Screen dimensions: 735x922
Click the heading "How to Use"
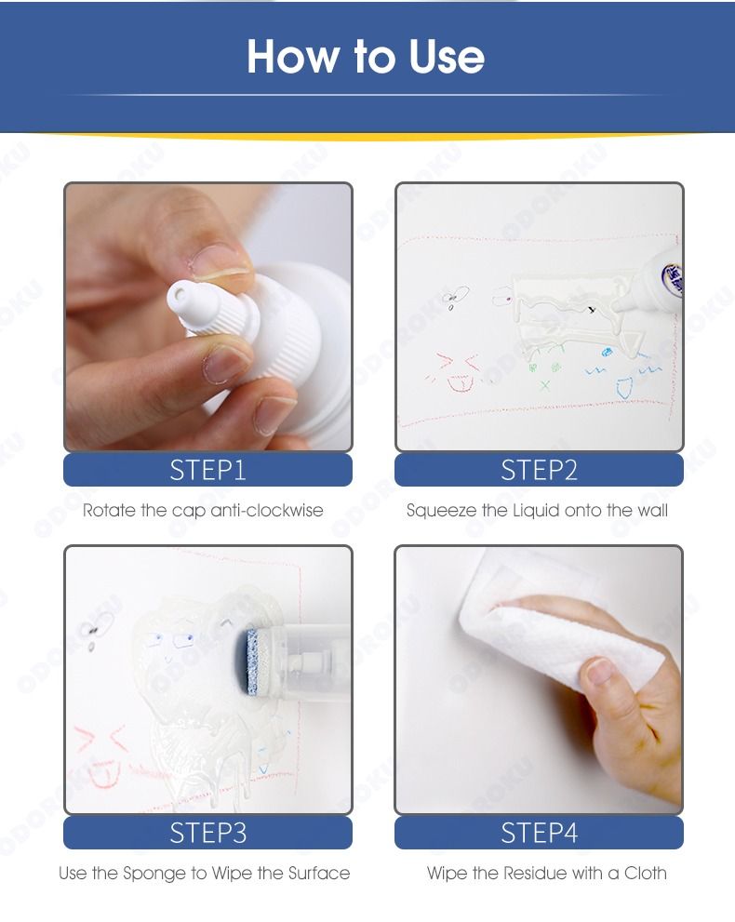coord(365,57)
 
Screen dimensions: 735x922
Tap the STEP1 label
coord(207,470)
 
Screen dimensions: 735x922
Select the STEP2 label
coord(539,470)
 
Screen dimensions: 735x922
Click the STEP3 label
coord(207,833)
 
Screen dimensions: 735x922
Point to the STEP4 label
coord(539,833)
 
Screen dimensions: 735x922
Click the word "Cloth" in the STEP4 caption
coord(645,873)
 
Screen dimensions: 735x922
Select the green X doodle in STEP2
coord(545,386)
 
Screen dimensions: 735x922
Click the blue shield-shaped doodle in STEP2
coord(624,388)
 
